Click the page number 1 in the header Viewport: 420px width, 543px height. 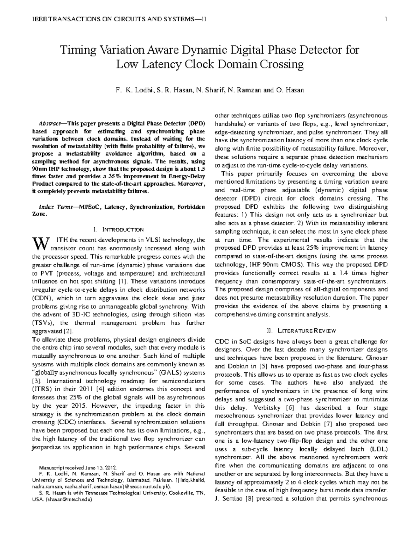point(385,19)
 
